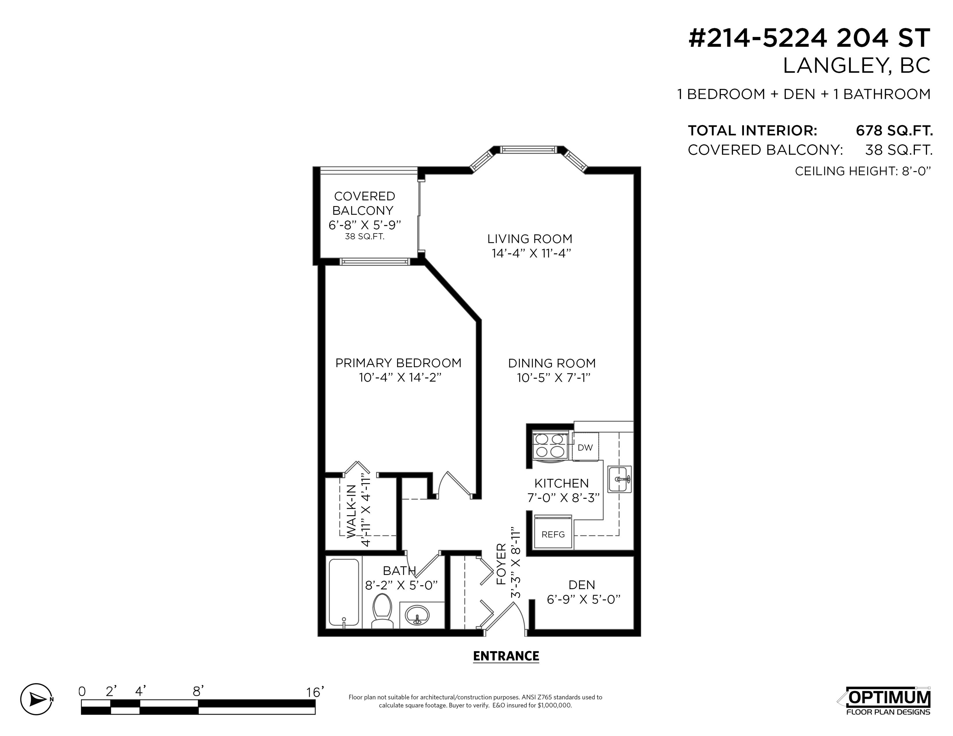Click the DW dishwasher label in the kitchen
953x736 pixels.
(x=585, y=447)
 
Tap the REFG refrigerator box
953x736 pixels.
(x=553, y=534)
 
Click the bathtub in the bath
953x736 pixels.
(x=344, y=593)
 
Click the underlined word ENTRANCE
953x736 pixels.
(x=506, y=656)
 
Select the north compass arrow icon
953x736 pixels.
(x=36, y=699)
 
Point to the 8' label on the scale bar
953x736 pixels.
(x=198, y=691)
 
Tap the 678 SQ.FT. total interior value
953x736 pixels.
(x=894, y=130)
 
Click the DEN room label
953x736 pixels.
(x=582, y=585)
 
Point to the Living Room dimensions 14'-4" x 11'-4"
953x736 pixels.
(x=531, y=253)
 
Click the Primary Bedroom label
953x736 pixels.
(x=398, y=363)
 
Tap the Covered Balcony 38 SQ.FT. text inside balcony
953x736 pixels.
(x=365, y=237)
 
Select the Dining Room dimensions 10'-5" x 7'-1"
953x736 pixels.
(x=553, y=378)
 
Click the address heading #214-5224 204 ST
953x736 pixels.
(x=809, y=38)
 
